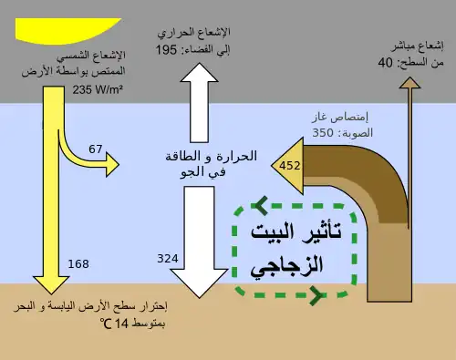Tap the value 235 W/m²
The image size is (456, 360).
(x=98, y=90)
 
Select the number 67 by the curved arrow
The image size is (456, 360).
(x=96, y=149)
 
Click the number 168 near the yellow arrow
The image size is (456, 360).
(x=78, y=264)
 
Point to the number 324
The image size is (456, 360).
(x=168, y=259)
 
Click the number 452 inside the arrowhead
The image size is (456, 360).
(x=290, y=166)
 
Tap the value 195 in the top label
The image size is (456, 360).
(x=166, y=50)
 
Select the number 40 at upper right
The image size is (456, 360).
(x=386, y=63)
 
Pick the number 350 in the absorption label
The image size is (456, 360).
(x=323, y=133)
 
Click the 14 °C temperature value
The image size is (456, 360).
(x=114, y=324)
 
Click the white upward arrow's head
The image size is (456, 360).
(x=199, y=73)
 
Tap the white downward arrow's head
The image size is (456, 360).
(x=199, y=283)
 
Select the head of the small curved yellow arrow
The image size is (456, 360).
(x=112, y=165)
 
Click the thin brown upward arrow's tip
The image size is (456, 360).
(x=409, y=77)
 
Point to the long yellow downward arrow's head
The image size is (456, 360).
(x=51, y=285)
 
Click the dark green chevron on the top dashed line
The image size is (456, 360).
(x=262, y=206)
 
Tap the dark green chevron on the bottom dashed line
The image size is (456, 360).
(x=316, y=294)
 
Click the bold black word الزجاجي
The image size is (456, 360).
(x=286, y=266)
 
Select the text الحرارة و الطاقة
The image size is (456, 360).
(x=212, y=157)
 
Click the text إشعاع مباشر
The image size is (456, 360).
(x=417, y=46)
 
